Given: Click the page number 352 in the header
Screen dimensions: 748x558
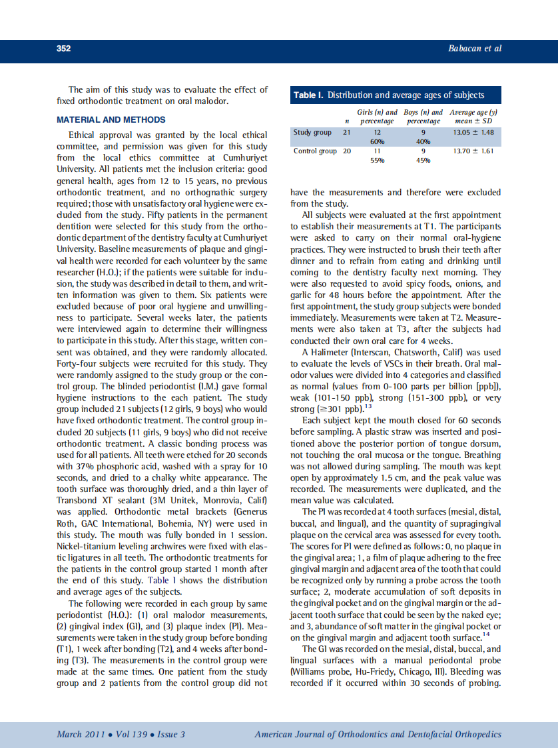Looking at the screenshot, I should coord(63,48).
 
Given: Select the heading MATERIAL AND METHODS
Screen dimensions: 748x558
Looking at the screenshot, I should coord(111,120).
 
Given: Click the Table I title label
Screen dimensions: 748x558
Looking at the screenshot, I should coord(308,95).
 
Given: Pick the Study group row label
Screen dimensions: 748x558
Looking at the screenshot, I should coord(312,133).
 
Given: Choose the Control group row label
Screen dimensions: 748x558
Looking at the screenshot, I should coord(315,151).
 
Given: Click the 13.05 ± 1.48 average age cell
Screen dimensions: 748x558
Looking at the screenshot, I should coord(473,133).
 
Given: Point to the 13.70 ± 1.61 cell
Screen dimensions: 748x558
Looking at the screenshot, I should coord(473,151).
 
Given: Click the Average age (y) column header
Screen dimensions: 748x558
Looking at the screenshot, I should coord(473,113).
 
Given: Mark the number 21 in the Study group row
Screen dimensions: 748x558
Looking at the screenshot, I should coord(347,133).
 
